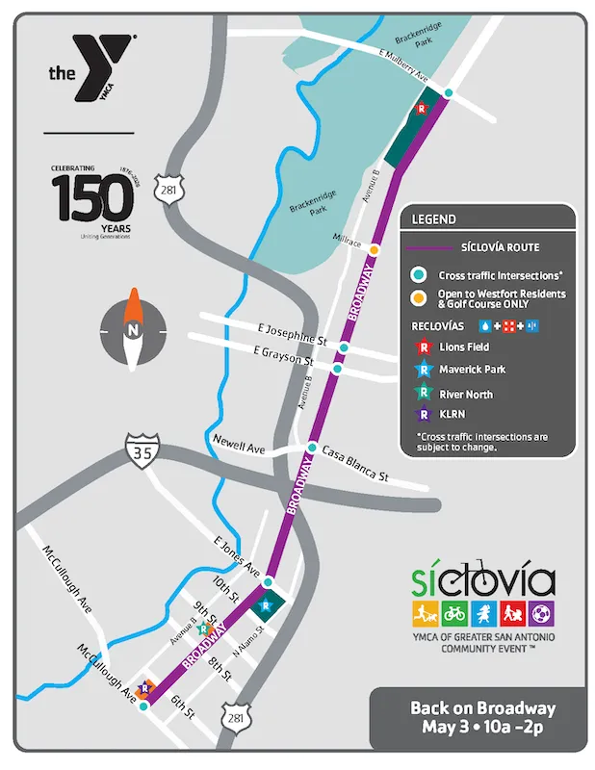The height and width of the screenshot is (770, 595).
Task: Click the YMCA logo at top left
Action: tap(91, 70)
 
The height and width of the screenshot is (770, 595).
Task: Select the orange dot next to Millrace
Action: tap(374, 248)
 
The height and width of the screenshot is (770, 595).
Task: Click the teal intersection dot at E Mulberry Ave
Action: tap(449, 93)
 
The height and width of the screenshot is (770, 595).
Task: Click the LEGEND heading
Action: tap(434, 219)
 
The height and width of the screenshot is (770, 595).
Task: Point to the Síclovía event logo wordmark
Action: tap(482, 580)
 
